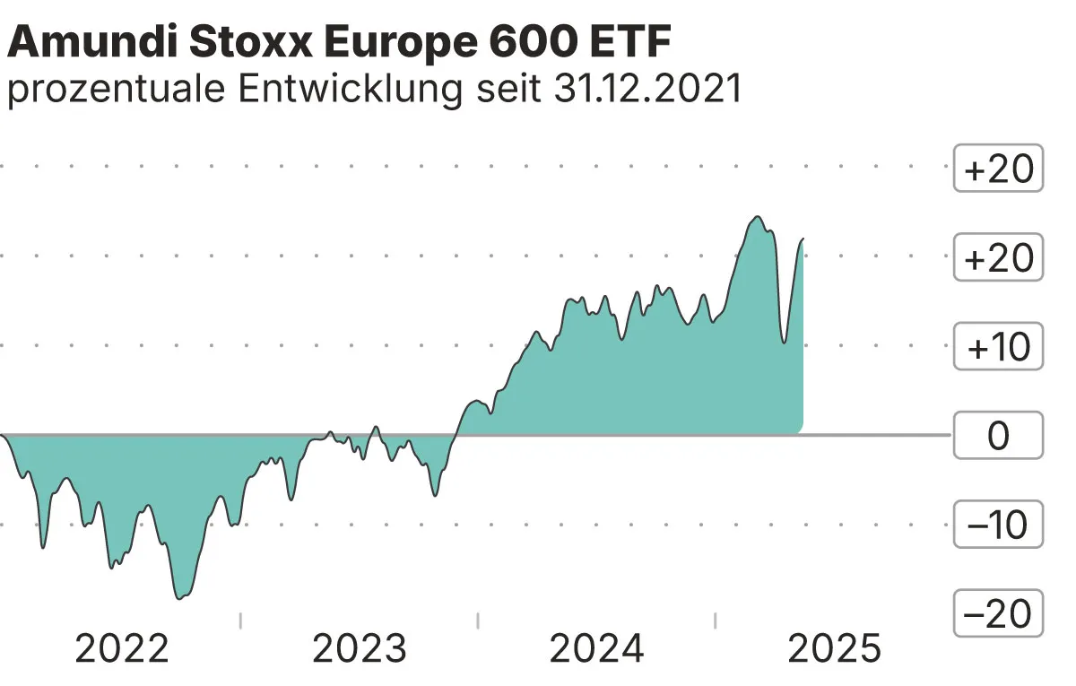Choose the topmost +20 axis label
(x=998, y=169)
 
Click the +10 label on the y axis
(x=998, y=347)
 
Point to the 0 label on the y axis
(x=998, y=437)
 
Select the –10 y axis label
(x=998, y=525)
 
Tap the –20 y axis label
(x=998, y=614)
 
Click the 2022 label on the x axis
(x=122, y=648)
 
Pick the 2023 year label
(x=360, y=648)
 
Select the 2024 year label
(x=597, y=648)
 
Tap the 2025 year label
(x=835, y=648)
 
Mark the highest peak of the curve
(x=758, y=217)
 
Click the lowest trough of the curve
(x=180, y=597)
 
